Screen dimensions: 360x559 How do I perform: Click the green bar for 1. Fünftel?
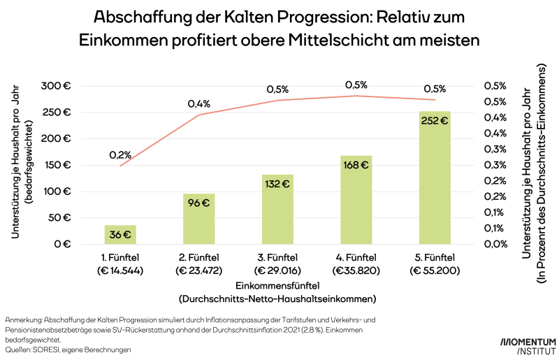click(x=120, y=235)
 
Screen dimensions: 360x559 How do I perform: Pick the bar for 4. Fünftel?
click(x=356, y=200)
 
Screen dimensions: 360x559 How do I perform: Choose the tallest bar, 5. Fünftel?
click(x=435, y=178)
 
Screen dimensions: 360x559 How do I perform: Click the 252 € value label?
click(x=435, y=120)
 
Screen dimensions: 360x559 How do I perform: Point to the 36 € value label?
click(x=120, y=235)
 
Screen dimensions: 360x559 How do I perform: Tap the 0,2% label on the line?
click(x=120, y=154)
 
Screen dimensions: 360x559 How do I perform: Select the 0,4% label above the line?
click(x=198, y=103)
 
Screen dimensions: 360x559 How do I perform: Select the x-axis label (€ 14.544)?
click(x=120, y=271)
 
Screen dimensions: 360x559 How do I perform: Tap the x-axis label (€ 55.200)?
click(x=435, y=271)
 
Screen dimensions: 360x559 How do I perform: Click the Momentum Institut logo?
click(x=528, y=345)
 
